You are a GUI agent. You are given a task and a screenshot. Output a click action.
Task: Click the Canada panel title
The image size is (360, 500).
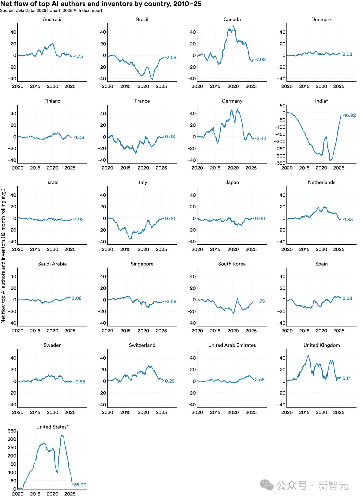232,19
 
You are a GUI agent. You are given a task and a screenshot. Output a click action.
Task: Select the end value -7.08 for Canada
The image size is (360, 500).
260,60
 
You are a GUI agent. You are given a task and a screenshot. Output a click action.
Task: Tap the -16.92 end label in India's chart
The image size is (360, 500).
349,115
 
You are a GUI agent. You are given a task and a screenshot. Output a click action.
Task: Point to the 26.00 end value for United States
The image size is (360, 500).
80,485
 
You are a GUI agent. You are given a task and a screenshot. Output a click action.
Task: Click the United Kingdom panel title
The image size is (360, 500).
322,345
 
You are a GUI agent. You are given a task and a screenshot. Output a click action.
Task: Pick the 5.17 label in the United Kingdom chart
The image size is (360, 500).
346,378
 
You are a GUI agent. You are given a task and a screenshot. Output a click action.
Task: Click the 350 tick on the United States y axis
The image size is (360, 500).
12,431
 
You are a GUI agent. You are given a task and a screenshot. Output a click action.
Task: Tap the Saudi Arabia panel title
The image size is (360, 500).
52,264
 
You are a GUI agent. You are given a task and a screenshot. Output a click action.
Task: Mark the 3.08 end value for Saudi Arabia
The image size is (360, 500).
77,298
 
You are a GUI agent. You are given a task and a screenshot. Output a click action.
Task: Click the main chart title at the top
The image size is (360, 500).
101,4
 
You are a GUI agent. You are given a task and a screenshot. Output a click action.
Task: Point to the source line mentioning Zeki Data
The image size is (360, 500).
51,11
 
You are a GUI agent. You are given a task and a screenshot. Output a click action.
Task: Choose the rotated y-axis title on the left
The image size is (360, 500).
3,256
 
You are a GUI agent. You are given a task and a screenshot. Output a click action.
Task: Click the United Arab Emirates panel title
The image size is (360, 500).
232,345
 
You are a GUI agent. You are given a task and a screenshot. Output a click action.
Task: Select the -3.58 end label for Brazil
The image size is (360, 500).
171,58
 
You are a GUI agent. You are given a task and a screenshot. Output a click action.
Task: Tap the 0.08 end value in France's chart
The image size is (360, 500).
170,137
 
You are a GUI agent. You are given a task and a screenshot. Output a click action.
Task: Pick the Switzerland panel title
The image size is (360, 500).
142,345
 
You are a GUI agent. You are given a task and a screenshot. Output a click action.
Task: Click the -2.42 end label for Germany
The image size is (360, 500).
261,138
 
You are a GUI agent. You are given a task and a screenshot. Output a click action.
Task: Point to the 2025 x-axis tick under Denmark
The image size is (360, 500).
339,86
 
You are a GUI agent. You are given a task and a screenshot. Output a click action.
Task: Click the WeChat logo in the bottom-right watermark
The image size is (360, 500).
267,485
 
